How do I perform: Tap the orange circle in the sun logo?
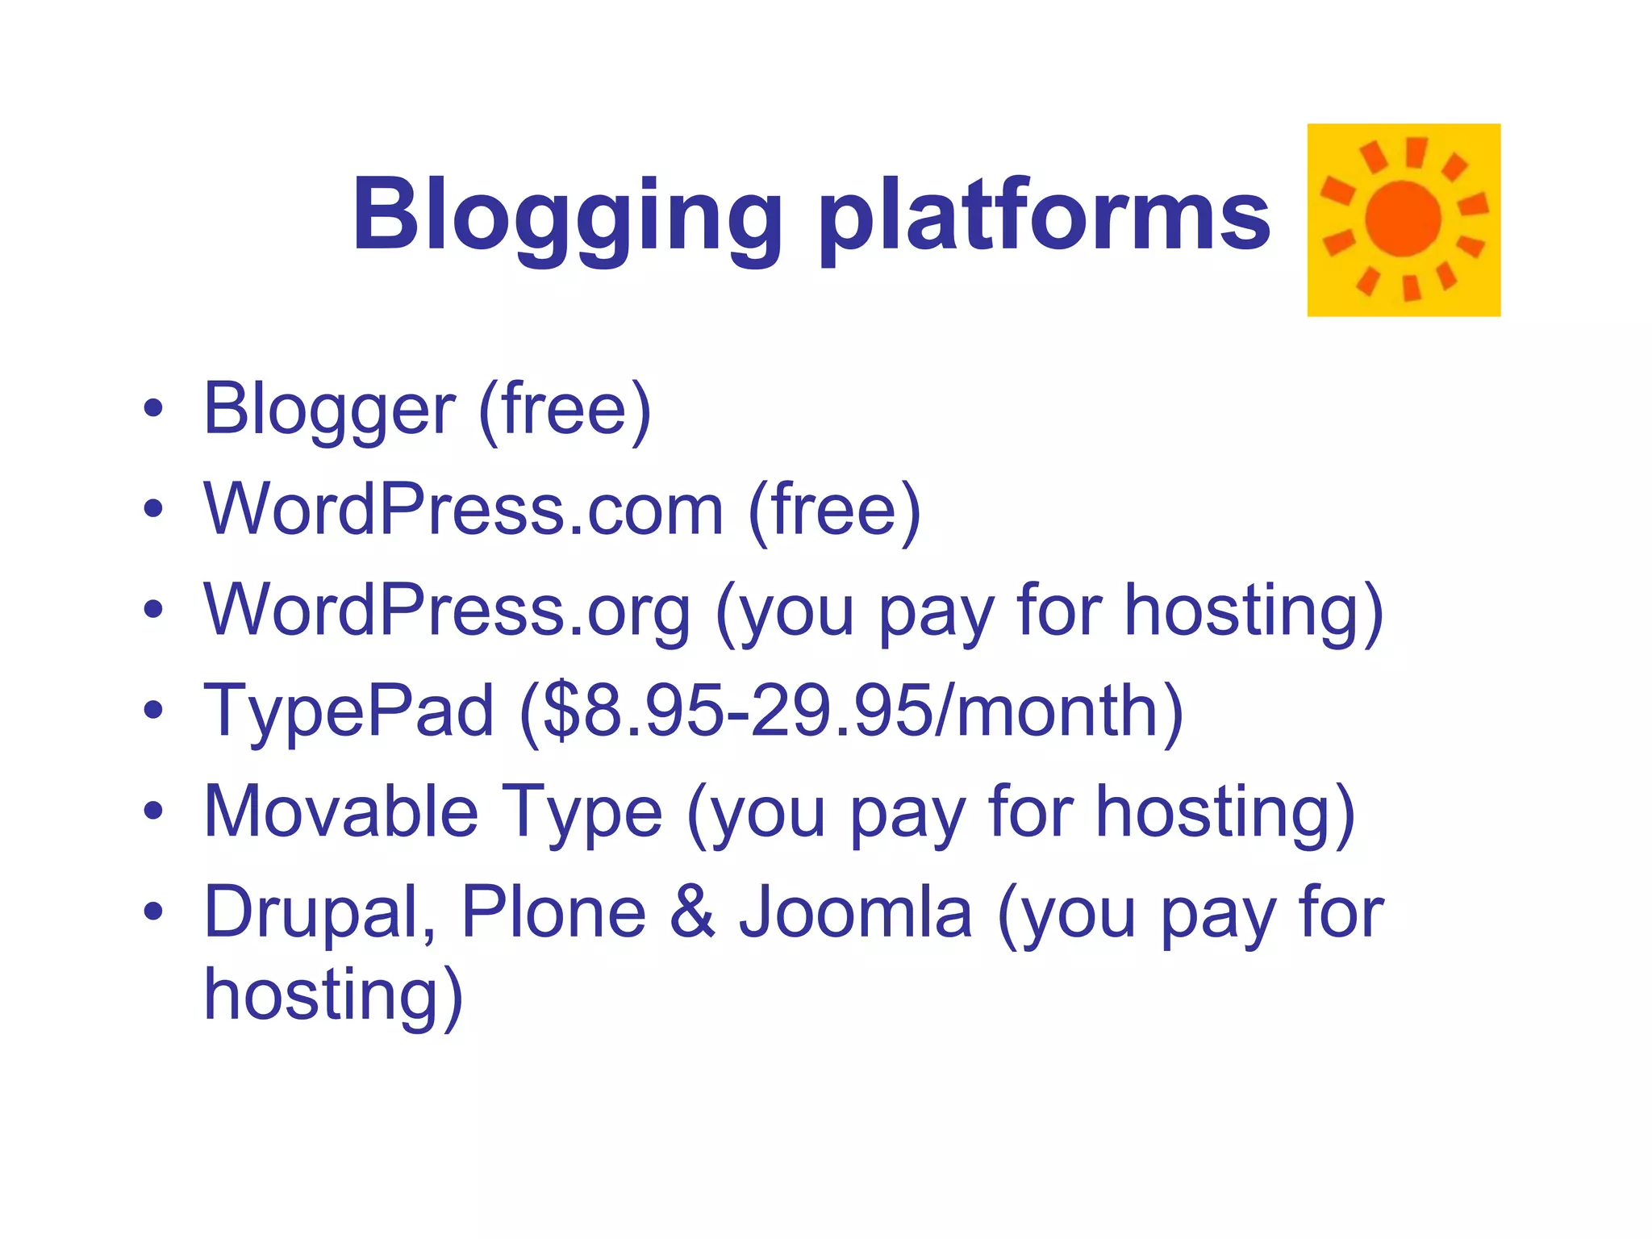tap(1403, 219)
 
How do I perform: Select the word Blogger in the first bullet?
tap(329, 410)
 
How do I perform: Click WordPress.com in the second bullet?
tap(464, 509)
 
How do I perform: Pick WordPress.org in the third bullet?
tap(447, 611)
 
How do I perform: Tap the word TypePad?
tap(348, 711)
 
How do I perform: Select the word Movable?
tap(340, 811)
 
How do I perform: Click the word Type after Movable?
tap(582, 813)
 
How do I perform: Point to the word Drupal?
tap(319, 913)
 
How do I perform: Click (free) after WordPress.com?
tap(834, 509)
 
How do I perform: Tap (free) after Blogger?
tap(564, 410)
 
